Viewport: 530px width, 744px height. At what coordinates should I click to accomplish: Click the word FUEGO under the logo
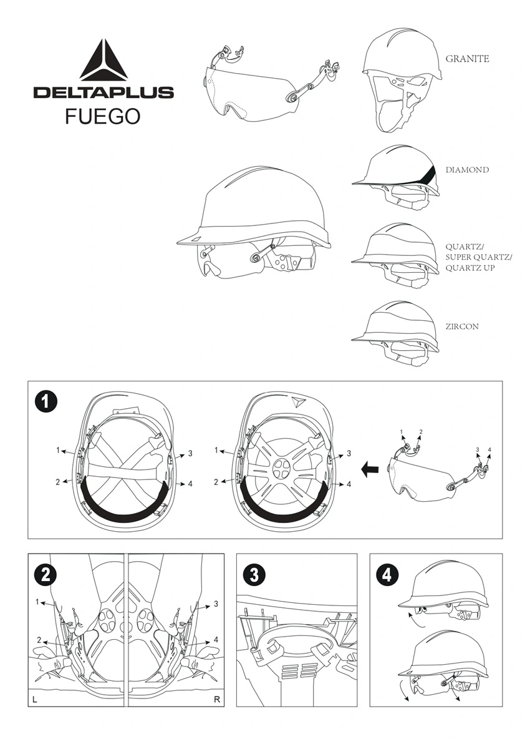pos(102,116)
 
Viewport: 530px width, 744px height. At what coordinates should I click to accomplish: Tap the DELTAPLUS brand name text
pos(104,92)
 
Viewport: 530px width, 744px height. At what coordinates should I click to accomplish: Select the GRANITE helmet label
pos(467,59)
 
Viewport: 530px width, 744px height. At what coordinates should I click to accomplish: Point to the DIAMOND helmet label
pos(467,170)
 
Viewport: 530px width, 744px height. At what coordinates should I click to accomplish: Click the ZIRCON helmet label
pos(462,326)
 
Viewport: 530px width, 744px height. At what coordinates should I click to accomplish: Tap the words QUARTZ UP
pos(470,268)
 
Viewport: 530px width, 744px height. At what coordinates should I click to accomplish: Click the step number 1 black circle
pos(46,403)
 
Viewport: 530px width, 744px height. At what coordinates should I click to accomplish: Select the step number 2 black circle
pos(46,575)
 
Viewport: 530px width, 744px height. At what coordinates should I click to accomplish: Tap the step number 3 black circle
pos(254,575)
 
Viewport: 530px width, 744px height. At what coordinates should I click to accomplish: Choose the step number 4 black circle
pos(387,575)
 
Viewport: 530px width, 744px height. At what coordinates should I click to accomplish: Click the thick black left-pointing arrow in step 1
pos(370,470)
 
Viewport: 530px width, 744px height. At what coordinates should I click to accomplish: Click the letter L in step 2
pos(35,700)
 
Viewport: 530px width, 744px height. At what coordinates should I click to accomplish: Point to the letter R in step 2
pos(216,700)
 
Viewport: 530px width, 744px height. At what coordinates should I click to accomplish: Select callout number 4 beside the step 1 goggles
pos(489,449)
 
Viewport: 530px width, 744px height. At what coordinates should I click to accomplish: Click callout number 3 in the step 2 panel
pos(216,604)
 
